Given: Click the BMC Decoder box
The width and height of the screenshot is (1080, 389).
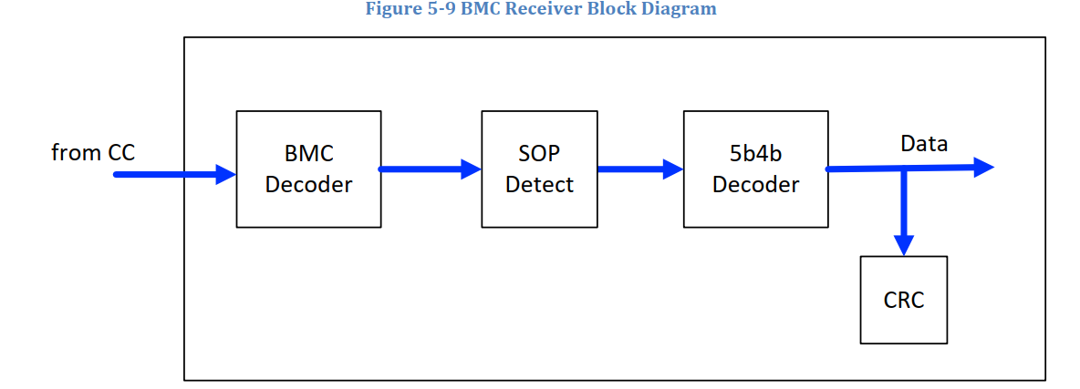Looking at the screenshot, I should [x=308, y=169].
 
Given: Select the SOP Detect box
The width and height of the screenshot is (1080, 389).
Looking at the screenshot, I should [x=539, y=169].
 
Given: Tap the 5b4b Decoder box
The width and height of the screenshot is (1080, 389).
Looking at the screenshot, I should [x=755, y=169].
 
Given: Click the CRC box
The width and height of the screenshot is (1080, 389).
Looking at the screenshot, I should [x=903, y=300].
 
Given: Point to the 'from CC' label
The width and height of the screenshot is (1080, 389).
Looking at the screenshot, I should [x=93, y=153].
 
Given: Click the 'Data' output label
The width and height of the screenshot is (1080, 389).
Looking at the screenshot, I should [x=924, y=144].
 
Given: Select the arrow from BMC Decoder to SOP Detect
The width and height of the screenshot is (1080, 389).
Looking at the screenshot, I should [x=430, y=169].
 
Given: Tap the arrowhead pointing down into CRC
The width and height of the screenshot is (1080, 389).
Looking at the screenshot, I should [x=903, y=245].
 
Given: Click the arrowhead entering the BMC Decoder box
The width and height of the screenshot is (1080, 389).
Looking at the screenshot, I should [x=225, y=174].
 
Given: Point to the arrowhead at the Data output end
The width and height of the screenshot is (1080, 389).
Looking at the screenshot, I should [x=983, y=167].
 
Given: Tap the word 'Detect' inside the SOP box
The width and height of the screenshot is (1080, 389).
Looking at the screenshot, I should [x=539, y=185].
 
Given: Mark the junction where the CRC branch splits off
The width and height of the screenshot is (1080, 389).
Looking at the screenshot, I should [x=903, y=169].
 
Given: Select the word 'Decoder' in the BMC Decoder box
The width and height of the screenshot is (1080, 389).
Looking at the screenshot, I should [x=308, y=185].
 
